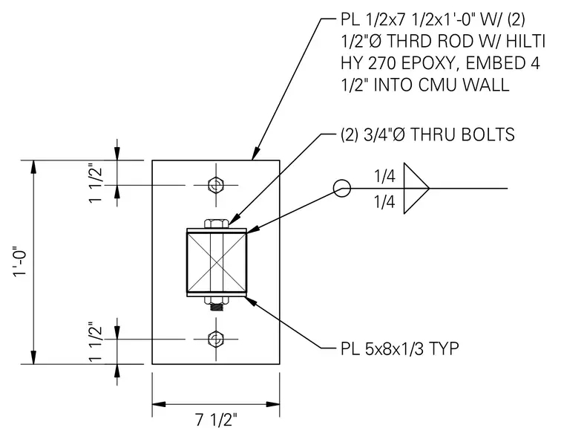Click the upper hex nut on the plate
(216, 186)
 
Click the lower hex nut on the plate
(216, 339)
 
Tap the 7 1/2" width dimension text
(217, 420)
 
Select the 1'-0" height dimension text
(20, 262)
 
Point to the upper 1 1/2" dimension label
(96, 184)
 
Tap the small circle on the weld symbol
(341, 188)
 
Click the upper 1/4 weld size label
(384, 176)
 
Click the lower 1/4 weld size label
(384, 202)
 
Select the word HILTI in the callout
(526, 42)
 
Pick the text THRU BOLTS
(462, 135)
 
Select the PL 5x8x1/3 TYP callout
(399, 349)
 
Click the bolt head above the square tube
(216, 224)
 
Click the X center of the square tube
(216, 262)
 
